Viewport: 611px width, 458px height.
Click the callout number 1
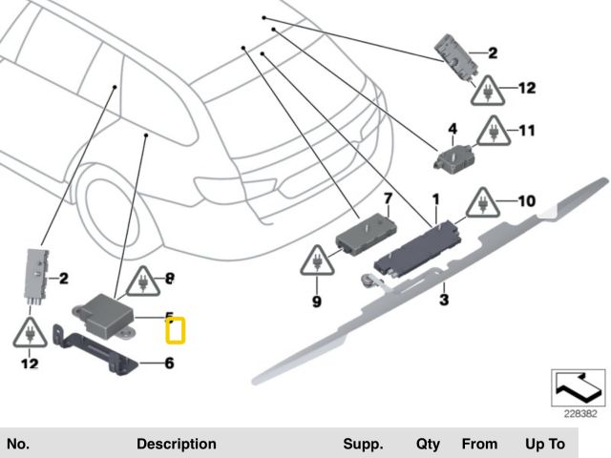pyautogui.click(x=435, y=200)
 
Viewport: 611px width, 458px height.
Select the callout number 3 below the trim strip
pyautogui.click(x=444, y=300)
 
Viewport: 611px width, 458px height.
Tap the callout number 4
pyautogui.click(x=453, y=127)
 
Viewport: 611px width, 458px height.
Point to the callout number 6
pyautogui.click(x=170, y=363)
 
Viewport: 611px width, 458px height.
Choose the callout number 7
pyautogui.click(x=388, y=199)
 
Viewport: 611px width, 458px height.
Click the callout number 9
pyautogui.click(x=317, y=302)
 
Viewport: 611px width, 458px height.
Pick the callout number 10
pyautogui.click(x=527, y=201)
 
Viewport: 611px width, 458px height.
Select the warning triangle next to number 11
pyautogui.click(x=493, y=130)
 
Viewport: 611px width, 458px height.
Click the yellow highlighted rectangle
pyautogui.click(x=176, y=330)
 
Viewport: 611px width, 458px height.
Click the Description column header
pyautogui.click(x=177, y=445)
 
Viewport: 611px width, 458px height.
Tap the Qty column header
pyautogui.click(x=427, y=445)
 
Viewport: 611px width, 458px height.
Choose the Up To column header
pyautogui.click(x=544, y=445)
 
